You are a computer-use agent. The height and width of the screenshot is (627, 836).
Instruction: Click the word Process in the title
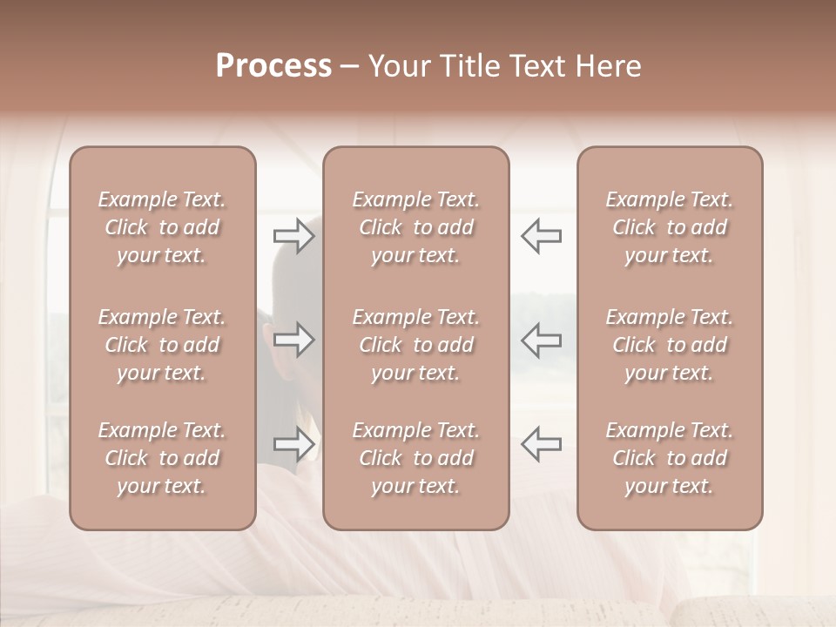(x=273, y=66)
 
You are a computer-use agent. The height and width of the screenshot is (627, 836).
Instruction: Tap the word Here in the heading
(x=610, y=66)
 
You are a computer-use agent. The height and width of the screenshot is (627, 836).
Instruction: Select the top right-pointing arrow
(x=294, y=236)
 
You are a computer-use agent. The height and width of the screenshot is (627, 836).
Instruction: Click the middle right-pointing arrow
(x=294, y=340)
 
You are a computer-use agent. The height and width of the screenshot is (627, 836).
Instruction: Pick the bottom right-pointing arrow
(x=294, y=444)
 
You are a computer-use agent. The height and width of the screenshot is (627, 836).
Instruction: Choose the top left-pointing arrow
(x=541, y=236)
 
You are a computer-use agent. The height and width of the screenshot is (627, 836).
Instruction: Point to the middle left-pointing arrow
(x=541, y=340)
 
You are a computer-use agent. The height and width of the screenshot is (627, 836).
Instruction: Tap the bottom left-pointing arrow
(x=541, y=444)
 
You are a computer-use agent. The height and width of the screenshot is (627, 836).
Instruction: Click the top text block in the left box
(x=162, y=227)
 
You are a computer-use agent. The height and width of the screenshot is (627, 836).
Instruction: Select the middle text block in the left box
(x=162, y=345)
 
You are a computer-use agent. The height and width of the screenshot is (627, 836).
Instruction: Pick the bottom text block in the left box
(x=162, y=458)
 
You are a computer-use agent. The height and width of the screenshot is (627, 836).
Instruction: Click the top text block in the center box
(x=416, y=227)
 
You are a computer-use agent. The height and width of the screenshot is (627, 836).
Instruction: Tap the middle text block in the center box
(x=416, y=345)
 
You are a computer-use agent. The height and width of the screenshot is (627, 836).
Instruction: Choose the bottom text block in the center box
(x=416, y=458)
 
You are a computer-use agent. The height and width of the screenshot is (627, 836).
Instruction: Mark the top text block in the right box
(x=670, y=227)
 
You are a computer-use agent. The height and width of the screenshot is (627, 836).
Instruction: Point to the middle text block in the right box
(x=670, y=345)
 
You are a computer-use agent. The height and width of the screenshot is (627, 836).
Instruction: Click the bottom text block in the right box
(x=670, y=458)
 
